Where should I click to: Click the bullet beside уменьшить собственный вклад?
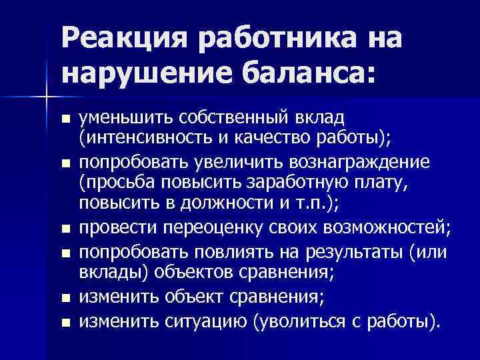[64, 119]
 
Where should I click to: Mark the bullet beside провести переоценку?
[64, 228]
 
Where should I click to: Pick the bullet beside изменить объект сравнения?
[64, 299]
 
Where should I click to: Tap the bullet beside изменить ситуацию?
[64, 322]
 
